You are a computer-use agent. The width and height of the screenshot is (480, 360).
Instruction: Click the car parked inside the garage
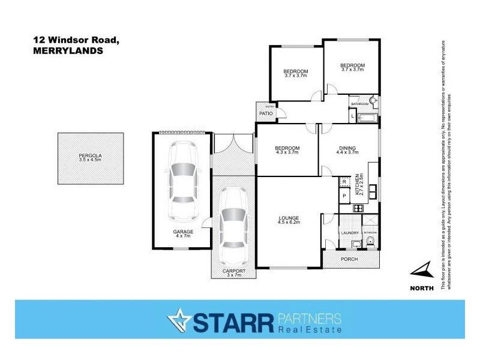pos(182,180)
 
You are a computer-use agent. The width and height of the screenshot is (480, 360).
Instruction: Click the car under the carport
pos(232,227)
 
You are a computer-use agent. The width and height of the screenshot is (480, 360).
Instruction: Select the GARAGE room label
pos(183,232)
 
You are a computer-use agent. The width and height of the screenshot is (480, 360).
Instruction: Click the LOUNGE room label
pos(289,218)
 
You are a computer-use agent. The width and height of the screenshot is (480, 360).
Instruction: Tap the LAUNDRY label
pos(349,233)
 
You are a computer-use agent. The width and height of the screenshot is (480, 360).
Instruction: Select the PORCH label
pos(349,260)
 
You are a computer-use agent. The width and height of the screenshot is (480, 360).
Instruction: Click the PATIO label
pos(266,113)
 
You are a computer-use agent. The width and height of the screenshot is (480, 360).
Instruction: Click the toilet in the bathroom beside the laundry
pos(370,243)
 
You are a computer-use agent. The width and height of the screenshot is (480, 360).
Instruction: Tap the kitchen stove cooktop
pos(358,209)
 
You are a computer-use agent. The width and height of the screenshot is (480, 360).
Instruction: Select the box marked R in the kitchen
pos(344,182)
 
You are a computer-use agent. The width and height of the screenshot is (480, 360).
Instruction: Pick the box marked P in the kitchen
pos(344,196)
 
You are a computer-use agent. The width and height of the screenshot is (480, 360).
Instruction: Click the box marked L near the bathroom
pos(353,115)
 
